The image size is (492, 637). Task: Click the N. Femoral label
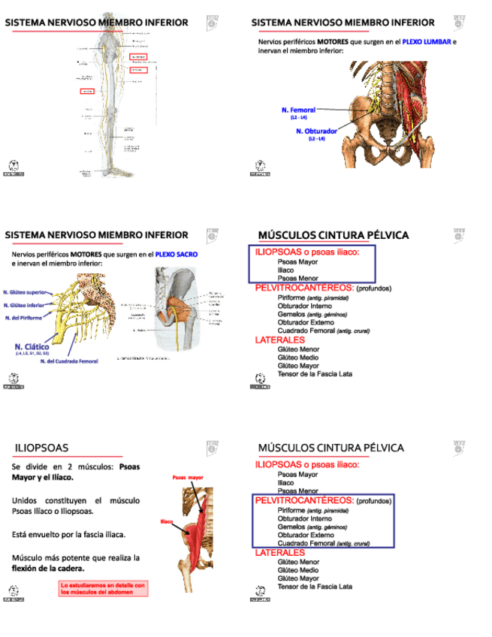coord(298,110)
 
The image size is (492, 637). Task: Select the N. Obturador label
coord(316,131)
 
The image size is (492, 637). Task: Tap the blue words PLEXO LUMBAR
coord(427,42)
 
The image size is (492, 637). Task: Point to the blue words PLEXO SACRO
coord(177,255)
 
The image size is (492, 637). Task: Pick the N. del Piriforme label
coord(23,318)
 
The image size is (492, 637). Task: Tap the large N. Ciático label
coord(32,347)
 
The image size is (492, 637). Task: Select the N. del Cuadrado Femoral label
coord(69,361)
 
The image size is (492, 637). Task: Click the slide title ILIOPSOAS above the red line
coord(41,448)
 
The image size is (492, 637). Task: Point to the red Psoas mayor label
coord(188,478)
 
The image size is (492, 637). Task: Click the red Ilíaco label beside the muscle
coord(167,521)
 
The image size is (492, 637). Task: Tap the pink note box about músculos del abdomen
coord(104,588)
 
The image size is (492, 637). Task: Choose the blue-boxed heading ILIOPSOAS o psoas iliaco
coord(307,252)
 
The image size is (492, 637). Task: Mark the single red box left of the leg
coord(87,91)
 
